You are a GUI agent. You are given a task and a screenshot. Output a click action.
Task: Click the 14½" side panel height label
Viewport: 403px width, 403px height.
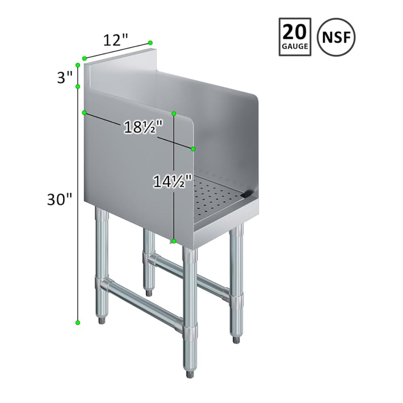click(x=172, y=182)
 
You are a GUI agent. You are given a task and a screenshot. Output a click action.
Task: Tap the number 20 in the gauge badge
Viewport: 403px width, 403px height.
click(x=295, y=33)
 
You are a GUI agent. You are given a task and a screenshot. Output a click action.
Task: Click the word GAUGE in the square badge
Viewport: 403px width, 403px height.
click(x=295, y=47)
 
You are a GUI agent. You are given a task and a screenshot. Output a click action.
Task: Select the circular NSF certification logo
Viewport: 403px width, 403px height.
click(x=336, y=37)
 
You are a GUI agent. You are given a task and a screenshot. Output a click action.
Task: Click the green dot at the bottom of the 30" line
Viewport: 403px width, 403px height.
click(x=78, y=322)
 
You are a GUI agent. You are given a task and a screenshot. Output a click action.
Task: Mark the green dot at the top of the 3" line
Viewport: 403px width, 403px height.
click(x=78, y=65)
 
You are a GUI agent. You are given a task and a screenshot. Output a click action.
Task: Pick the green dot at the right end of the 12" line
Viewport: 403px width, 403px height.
click(x=150, y=43)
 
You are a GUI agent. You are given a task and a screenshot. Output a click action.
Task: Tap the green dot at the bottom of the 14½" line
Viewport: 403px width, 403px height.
click(x=174, y=241)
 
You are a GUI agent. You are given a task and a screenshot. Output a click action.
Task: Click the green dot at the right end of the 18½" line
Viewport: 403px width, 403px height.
click(x=193, y=149)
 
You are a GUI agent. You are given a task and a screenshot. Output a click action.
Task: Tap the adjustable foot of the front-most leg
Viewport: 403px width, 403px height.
click(x=190, y=373)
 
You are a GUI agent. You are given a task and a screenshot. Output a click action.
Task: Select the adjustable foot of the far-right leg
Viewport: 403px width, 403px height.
click(x=236, y=340)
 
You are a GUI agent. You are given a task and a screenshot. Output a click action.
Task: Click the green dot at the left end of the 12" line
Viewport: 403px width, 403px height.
click(x=85, y=58)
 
